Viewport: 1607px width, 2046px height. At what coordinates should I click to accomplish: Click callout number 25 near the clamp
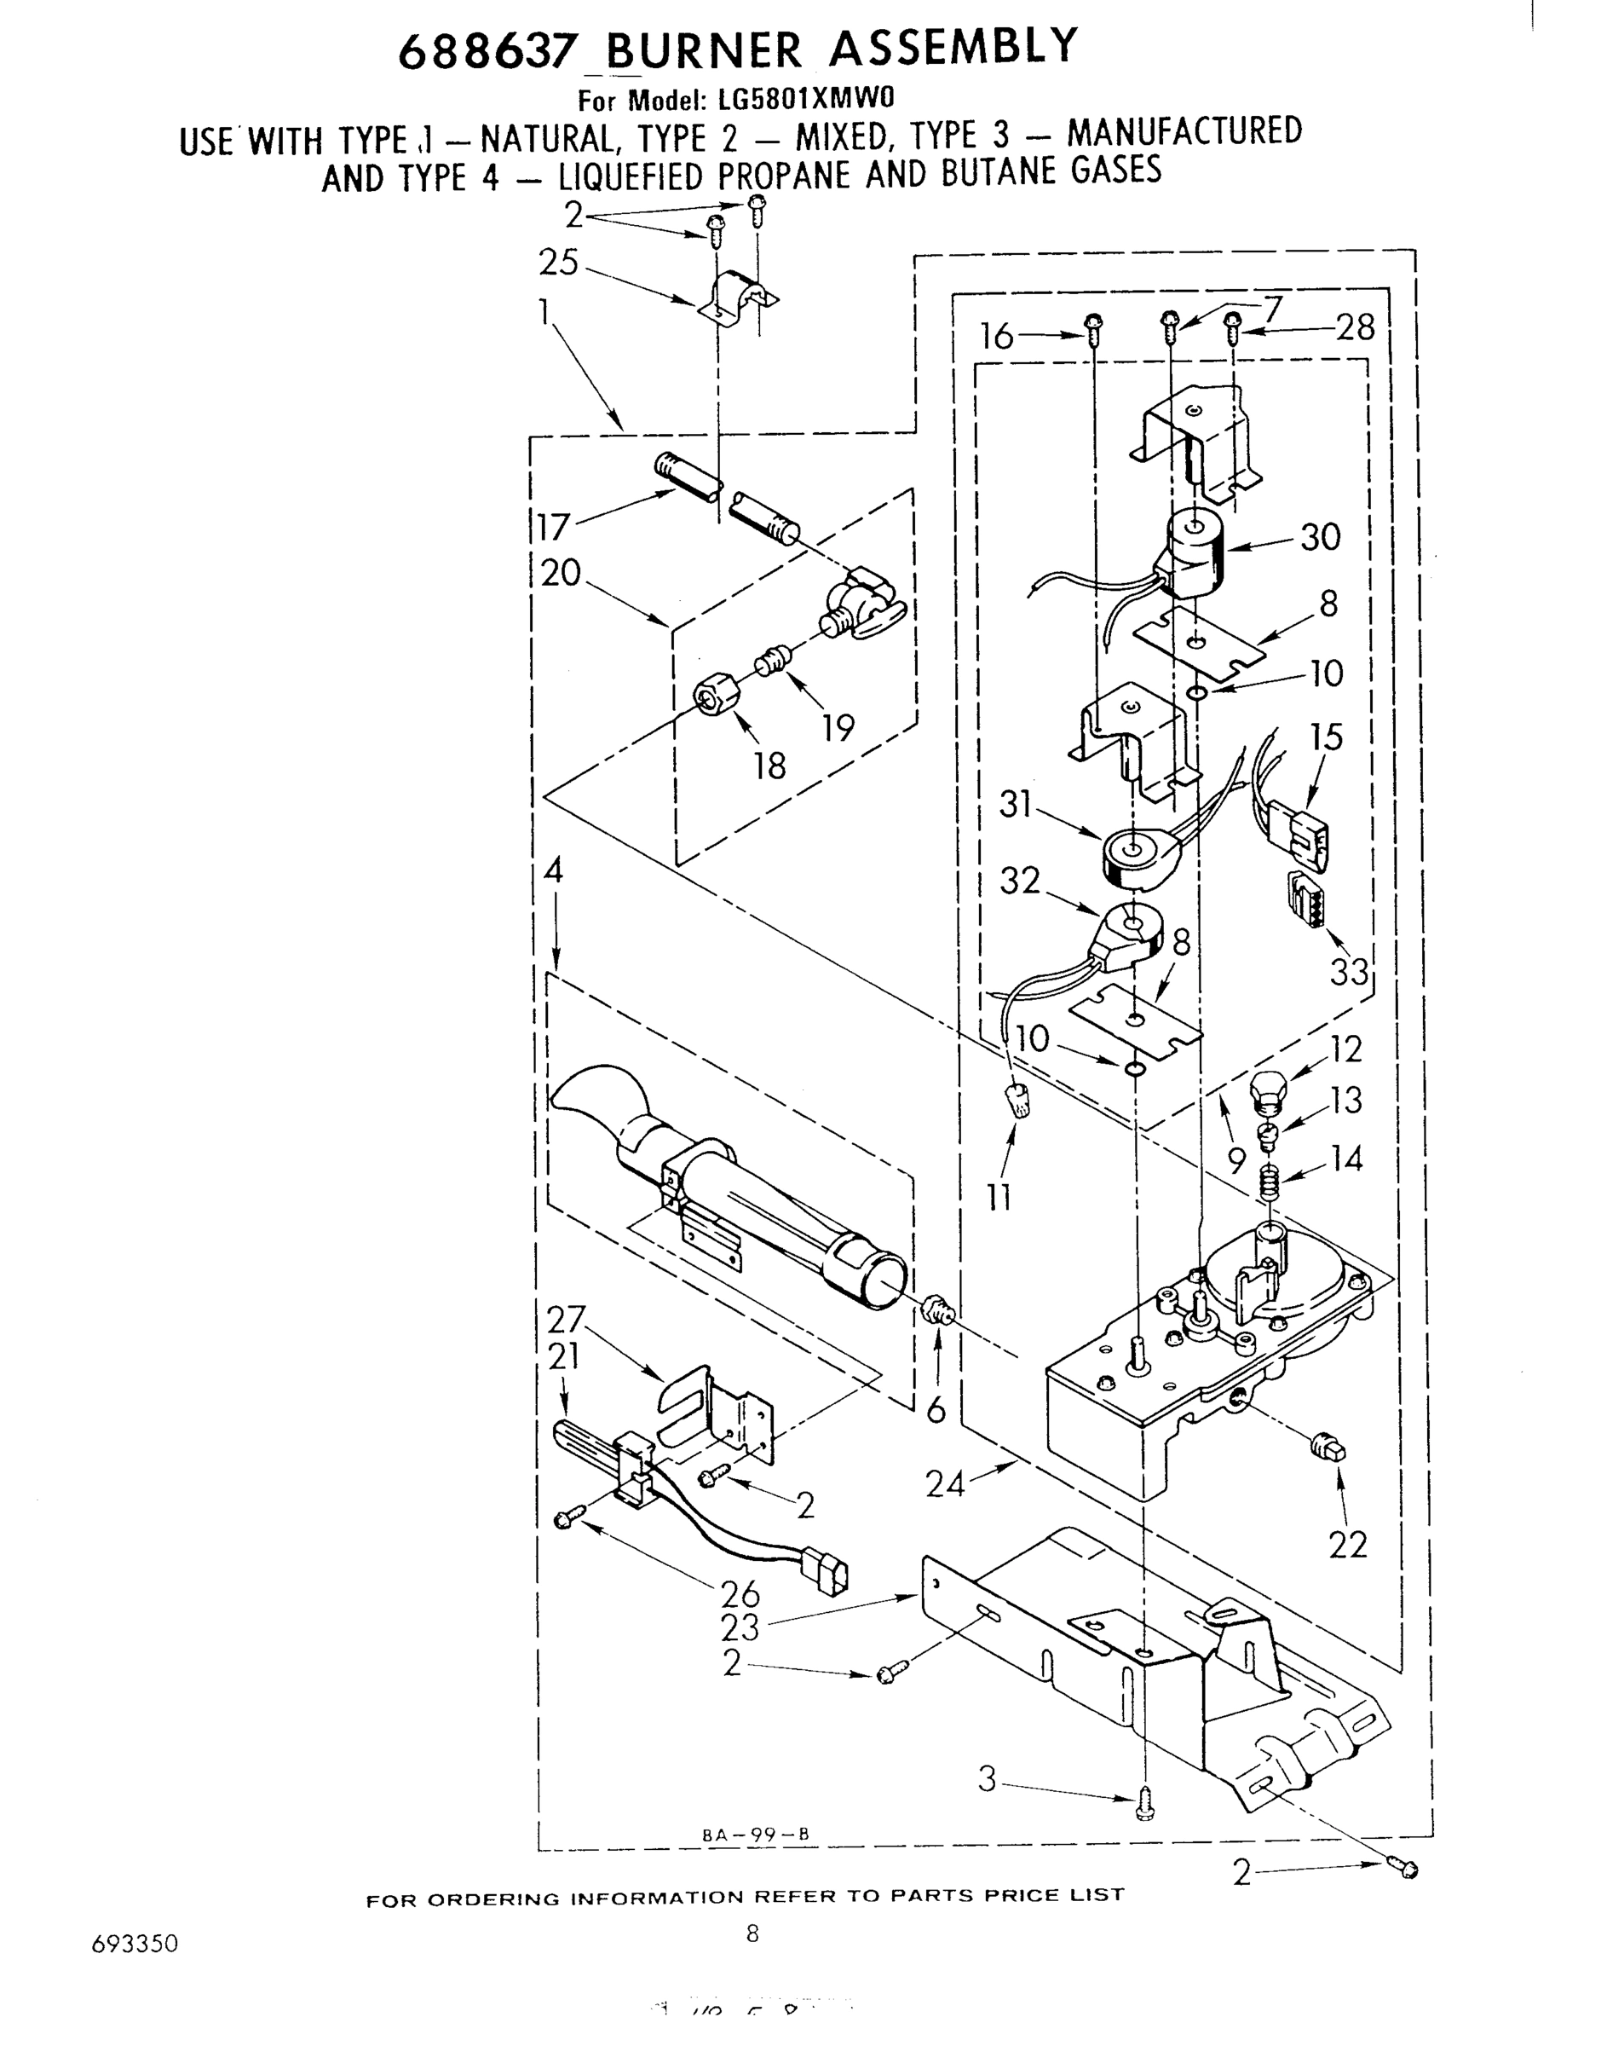558,263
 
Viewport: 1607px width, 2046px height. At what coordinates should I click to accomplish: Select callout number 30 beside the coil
1320,536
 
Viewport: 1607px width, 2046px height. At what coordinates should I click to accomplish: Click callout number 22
1347,1545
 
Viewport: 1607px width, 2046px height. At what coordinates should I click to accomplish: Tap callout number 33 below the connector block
1348,970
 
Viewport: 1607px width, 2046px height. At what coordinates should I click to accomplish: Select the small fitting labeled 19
770,661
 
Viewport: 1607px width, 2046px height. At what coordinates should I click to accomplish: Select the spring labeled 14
1270,1180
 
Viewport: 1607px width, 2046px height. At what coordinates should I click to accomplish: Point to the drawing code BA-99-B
756,1835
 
